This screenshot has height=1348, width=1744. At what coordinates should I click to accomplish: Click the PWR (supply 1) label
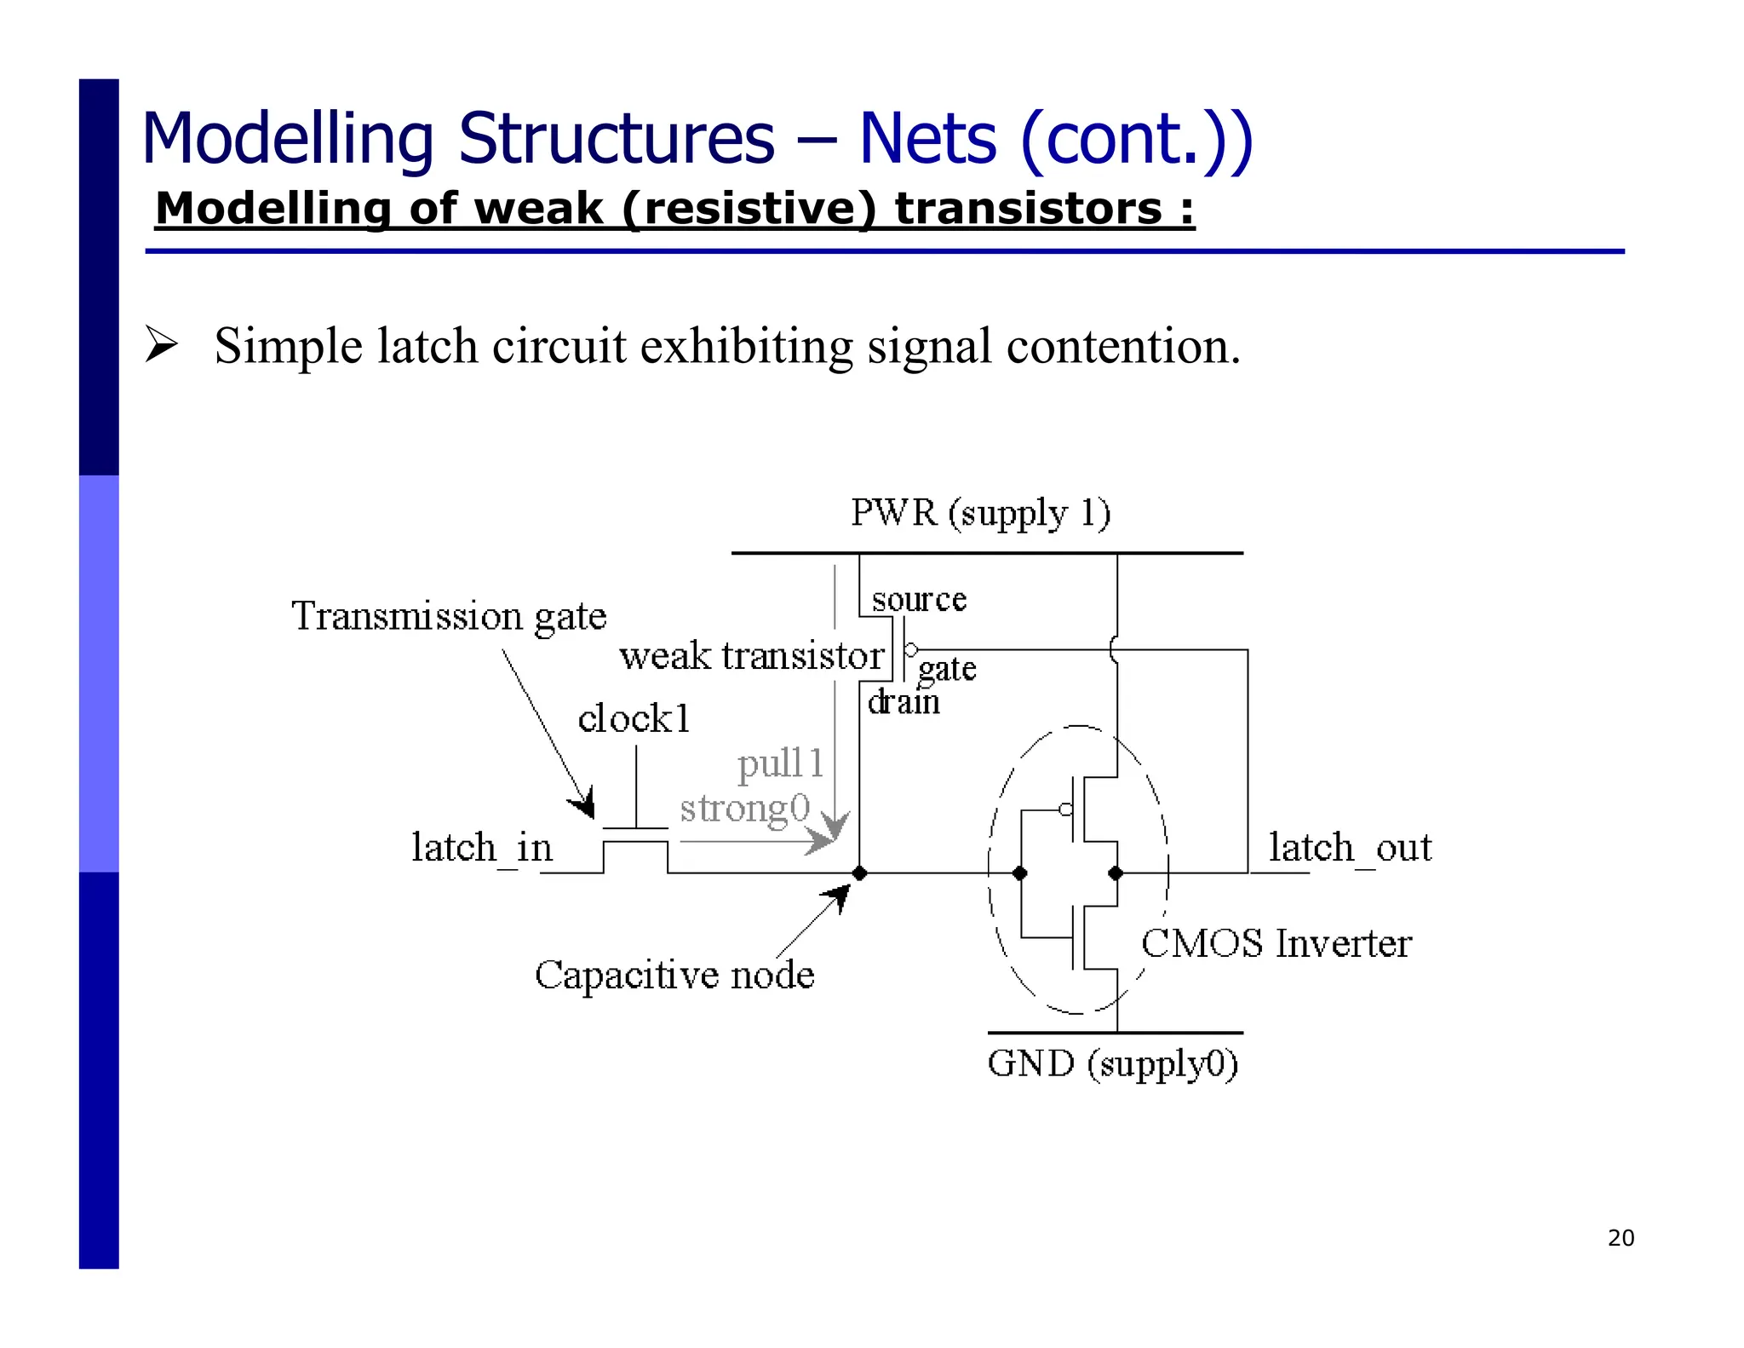[980, 514]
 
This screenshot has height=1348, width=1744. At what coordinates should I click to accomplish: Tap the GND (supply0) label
[1112, 1064]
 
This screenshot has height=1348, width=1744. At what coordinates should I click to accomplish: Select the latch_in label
[482, 848]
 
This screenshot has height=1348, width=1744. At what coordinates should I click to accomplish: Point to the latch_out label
[1350, 848]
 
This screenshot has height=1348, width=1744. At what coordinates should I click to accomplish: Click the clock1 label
[634, 718]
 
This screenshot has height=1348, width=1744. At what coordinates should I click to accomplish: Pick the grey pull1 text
[781, 763]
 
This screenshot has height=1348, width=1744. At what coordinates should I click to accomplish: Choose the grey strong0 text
[744, 808]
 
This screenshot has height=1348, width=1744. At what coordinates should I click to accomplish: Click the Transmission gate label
[449, 616]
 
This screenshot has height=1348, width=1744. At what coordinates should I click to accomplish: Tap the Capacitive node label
[674, 975]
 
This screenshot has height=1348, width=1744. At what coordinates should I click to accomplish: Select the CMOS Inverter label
[1276, 944]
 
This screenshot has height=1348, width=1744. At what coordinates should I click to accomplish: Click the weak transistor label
[751, 656]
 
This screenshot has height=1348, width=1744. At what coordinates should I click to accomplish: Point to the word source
[919, 600]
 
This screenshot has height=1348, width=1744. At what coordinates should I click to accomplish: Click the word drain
[904, 703]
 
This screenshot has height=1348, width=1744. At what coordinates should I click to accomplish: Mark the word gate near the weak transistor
[946, 670]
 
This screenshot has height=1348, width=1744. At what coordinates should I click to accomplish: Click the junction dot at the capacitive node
[859, 873]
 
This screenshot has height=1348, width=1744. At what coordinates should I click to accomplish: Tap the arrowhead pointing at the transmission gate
[583, 805]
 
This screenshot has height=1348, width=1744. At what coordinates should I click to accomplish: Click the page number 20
[1621, 1238]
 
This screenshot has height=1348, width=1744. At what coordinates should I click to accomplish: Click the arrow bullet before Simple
[161, 345]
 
